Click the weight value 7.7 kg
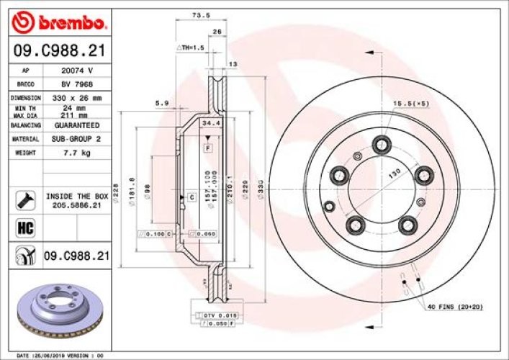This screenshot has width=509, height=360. tap(76, 153)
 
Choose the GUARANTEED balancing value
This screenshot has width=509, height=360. tap(76, 125)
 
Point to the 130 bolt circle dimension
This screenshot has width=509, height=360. tap(395, 174)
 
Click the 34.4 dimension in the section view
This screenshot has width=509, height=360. tap(210, 124)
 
